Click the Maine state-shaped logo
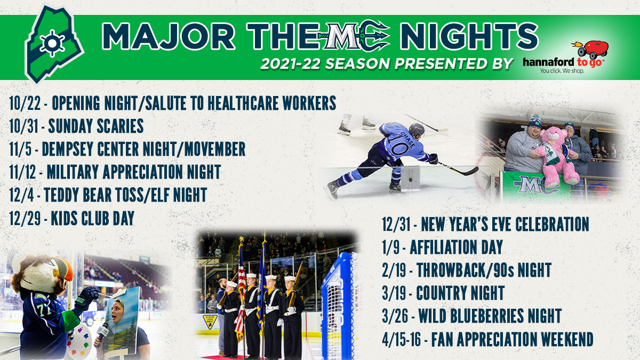53,44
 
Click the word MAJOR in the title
169,37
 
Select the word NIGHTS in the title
469,36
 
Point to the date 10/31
23,126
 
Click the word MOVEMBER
215,149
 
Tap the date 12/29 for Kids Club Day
25,218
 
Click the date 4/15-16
402,339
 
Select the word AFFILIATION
444,247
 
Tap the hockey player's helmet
417,130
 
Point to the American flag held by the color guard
241,289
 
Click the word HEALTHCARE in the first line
243,103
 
